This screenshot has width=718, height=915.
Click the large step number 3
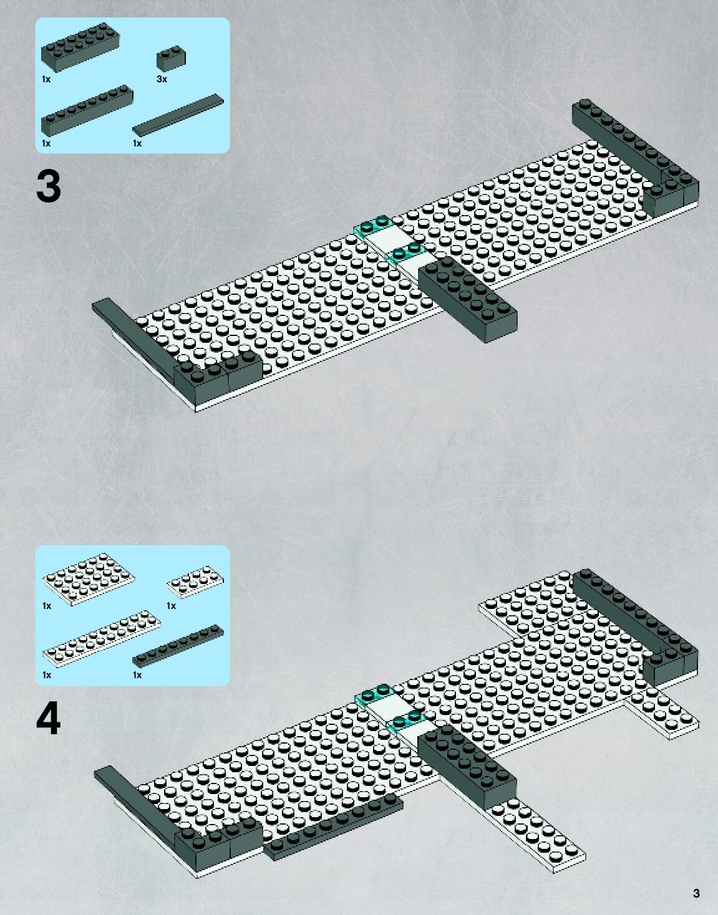49,186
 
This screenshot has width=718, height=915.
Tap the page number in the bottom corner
696,894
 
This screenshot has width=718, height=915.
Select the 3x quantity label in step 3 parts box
162,79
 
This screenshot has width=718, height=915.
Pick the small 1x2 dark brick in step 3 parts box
170,59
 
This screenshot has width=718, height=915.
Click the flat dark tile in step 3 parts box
178,114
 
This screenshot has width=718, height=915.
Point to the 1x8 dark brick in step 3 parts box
87,111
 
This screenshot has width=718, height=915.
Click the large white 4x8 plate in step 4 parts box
88,580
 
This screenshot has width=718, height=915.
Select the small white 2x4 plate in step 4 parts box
195,582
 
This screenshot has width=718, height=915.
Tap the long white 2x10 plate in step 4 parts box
101,636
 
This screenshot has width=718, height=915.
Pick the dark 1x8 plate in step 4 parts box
178,645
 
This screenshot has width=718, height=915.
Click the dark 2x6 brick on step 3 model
468,299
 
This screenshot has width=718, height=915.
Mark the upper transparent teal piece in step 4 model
373,693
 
